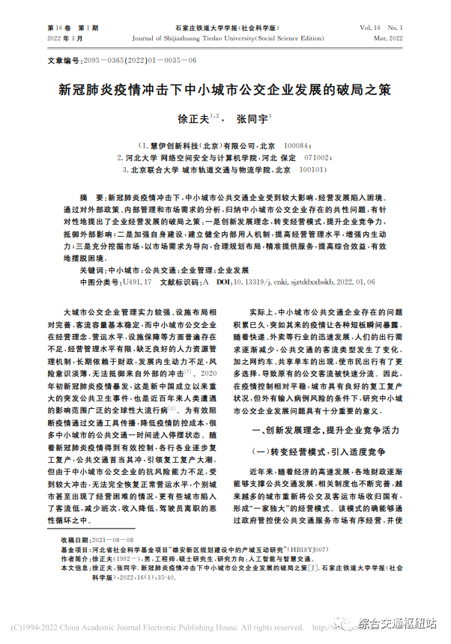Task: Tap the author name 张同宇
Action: click(252, 119)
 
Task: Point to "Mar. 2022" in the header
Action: click(388, 37)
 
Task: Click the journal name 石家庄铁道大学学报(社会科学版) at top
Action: click(225, 28)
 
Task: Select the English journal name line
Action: click(224, 37)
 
